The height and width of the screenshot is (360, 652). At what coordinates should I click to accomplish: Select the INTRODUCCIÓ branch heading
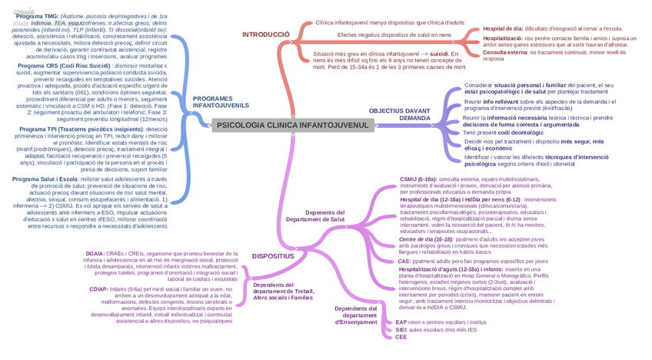coord(265,35)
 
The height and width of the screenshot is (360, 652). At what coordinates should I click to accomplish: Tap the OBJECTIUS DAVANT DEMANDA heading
coord(399,115)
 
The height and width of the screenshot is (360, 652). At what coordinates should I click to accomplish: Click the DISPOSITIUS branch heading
coord(273,255)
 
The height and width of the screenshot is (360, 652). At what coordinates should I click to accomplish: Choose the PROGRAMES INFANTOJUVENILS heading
coord(221,102)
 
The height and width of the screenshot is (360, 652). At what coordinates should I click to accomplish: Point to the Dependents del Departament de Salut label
coord(314,215)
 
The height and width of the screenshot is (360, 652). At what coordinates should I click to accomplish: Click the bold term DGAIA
coord(95,253)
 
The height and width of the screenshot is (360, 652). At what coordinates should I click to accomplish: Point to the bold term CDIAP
coord(98,289)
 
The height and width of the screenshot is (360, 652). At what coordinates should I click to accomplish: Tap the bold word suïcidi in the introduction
coord(439,55)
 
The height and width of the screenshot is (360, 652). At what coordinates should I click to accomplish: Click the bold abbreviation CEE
coord(401,337)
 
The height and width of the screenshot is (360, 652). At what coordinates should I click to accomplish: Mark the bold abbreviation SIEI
coord(401,329)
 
